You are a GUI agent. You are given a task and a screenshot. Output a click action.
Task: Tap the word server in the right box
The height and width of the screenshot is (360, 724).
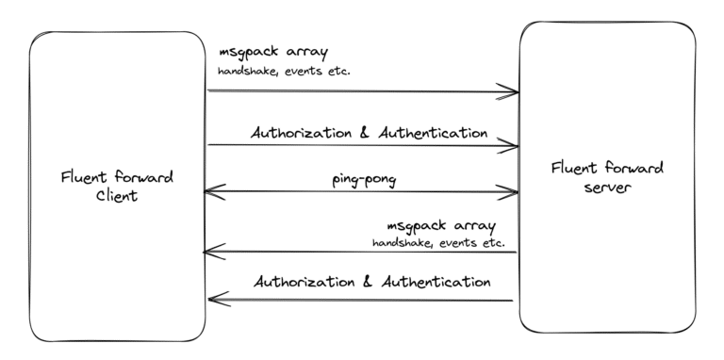[x=608, y=187]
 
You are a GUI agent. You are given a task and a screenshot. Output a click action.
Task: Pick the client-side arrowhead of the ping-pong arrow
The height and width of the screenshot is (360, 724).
[x=211, y=191]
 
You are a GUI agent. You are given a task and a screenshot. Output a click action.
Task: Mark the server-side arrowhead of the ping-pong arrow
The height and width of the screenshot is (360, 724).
[x=512, y=192]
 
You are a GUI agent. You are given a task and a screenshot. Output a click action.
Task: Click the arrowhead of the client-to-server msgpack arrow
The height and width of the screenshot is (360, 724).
[x=512, y=91]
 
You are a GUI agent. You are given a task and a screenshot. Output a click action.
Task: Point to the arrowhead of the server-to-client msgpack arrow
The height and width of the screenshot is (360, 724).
[x=211, y=252]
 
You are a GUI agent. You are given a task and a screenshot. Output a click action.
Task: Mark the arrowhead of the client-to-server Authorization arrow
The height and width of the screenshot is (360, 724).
[x=512, y=146]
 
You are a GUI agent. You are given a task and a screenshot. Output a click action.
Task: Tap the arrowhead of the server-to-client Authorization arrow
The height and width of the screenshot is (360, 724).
[x=214, y=300]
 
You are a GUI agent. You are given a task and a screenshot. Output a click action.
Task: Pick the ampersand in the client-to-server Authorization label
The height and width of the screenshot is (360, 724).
[x=366, y=133]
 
